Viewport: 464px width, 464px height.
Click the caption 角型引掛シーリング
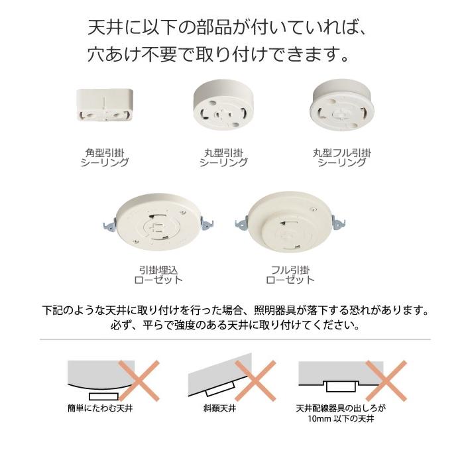[x=104, y=157]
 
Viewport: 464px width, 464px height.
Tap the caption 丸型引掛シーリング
[x=223, y=157]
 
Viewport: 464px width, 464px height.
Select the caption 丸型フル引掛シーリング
[x=341, y=157]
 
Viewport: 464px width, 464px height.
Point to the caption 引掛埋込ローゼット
[x=158, y=274]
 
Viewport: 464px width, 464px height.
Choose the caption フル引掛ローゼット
[x=290, y=274]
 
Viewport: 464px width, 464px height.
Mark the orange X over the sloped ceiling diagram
[x=255, y=380]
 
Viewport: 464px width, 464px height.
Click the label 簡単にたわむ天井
[x=100, y=409]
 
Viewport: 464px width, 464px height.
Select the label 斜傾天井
[x=220, y=409]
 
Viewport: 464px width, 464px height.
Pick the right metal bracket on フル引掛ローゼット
[x=341, y=223]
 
